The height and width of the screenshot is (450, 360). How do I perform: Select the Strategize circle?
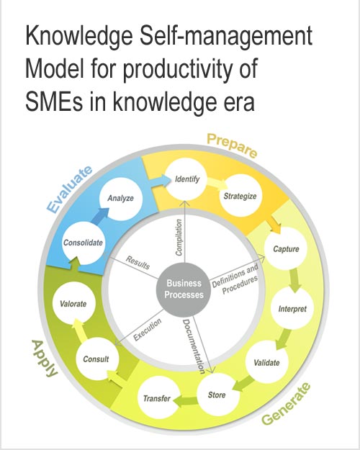[x=240, y=195]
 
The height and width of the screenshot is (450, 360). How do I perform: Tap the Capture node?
[x=286, y=248]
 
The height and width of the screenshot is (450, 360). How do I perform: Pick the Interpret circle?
[x=292, y=308]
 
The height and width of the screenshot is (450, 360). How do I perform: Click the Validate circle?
[x=266, y=362]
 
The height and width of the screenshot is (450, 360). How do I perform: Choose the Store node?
[x=217, y=395]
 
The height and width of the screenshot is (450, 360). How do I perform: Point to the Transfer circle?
[x=157, y=397]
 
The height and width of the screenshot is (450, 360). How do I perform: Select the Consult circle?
[x=96, y=359]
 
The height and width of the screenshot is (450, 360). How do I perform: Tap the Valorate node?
[x=73, y=303]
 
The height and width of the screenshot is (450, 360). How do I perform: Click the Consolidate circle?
[x=84, y=243]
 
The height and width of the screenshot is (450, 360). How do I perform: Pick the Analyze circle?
[x=121, y=198]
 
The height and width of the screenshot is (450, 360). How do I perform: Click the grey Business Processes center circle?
[x=184, y=289]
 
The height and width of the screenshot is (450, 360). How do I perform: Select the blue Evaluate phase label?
[x=69, y=189]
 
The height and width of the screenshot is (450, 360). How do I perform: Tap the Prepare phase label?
[x=232, y=145]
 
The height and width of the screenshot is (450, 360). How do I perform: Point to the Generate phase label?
[x=287, y=404]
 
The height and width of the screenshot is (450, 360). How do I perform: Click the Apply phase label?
[x=45, y=359]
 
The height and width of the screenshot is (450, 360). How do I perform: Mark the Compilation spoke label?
[x=179, y=238]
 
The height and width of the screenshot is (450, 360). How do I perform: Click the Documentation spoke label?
[x=194, y=346]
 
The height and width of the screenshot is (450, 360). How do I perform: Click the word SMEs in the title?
[x=54, y=102]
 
